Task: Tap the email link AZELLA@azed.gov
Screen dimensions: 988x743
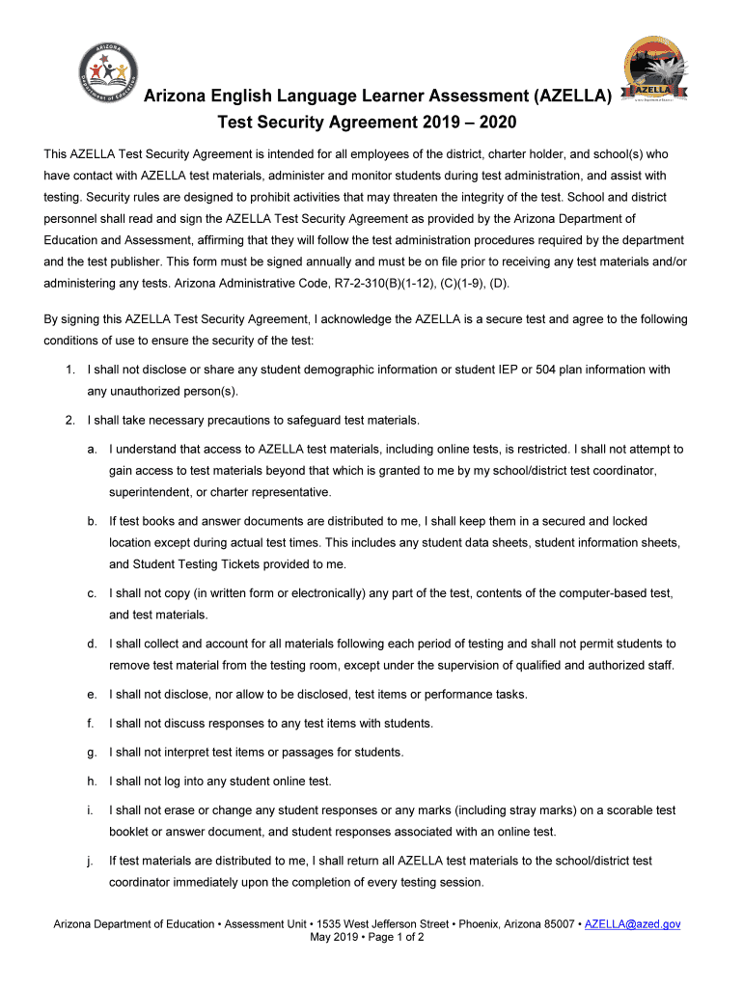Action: pos(633,923)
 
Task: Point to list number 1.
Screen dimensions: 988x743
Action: pos(69,370)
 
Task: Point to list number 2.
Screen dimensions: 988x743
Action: pos(69,420)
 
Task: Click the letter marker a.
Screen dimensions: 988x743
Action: pos(91,449)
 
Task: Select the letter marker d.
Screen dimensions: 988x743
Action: pos(91,644)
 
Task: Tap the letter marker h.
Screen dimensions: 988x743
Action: pos(91,781)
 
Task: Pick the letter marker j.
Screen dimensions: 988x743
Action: pos(91,861)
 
